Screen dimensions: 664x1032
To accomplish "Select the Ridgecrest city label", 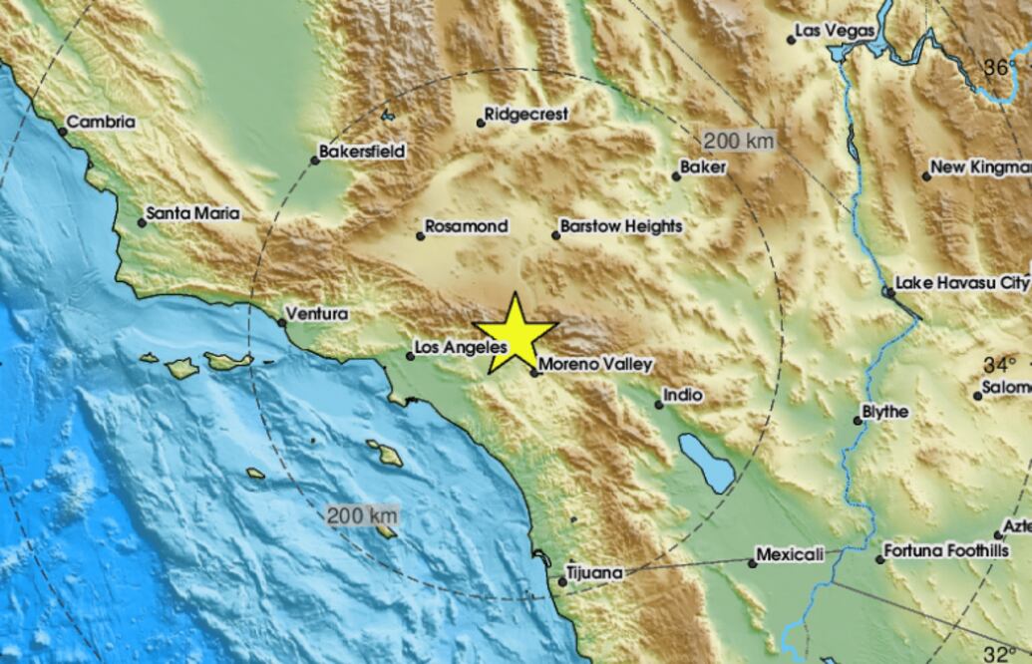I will pyautogui.click(x=526, y=115).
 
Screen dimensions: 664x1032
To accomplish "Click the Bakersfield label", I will pyautogui.click(x=362, y=153).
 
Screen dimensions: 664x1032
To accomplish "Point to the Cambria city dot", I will pyautogui.click(x=62, y=131).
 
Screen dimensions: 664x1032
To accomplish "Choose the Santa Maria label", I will pyautogui.click(x=193, y=213).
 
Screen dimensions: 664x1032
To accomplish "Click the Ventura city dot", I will pyautogui.click(x=282, y=322).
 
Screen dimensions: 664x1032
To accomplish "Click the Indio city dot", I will pyautogui.click(x=659, y=404).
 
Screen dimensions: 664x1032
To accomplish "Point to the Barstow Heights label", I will pyautogui.click(x=621, y=226).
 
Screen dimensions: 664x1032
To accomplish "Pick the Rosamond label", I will pyautogui.click(x=466, y=226).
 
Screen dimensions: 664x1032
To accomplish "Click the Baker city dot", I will pyautogui.click(x=676, y=176).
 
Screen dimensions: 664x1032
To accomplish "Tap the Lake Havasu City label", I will pyautogui.click(x=961, y=283).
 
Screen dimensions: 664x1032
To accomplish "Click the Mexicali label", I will pyautogui.click(x=790, y=554).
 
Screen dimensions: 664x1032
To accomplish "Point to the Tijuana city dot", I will pyautogui.click(x=562, y=581).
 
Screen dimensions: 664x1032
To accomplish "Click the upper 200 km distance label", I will pyautogui.click(x=738, y=141).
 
